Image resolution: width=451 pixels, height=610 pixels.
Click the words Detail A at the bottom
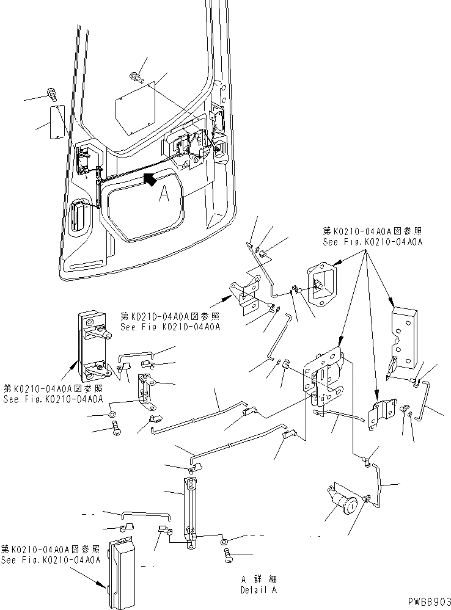pos(259,591)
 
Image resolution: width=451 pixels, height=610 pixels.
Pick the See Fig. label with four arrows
pos(372,236)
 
